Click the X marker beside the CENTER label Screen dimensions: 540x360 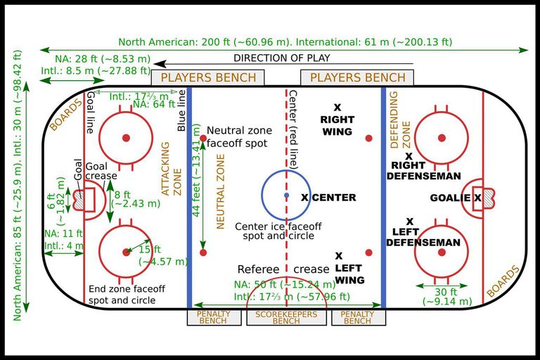(x=304, y=198)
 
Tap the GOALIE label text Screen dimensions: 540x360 (x=450, y=198)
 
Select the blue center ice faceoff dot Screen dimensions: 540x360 (x=287, y=195)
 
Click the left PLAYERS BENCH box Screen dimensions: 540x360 (x=207, y=77)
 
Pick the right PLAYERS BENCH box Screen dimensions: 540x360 (x=357, y=77)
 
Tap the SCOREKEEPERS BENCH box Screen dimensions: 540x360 (x=286, y=317)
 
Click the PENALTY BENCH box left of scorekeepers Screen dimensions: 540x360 (x=214, y=317)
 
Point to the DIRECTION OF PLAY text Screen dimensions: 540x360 (x=282, y=58)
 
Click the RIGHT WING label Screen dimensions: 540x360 (x=337, y=125)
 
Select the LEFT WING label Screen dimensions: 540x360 (x=349, y=274)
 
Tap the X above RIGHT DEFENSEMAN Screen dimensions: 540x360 (x=409, y=156)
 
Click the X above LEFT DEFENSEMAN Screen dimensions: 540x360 (x=409, y=221)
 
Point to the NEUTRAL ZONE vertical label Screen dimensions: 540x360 (x=220, y=191)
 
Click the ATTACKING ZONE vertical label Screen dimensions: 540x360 (x=171, y=169)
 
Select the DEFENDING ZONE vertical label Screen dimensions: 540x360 (x=399, y=120)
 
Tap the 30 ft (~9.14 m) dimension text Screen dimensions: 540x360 (x=447, y=297)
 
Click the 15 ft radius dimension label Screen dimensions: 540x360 (x=163, y=255)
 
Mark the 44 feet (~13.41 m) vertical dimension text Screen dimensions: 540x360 (x=195, y=170)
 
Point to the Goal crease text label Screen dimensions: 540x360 (x=101, y=171)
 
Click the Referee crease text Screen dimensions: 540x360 (x=283, y=269)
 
